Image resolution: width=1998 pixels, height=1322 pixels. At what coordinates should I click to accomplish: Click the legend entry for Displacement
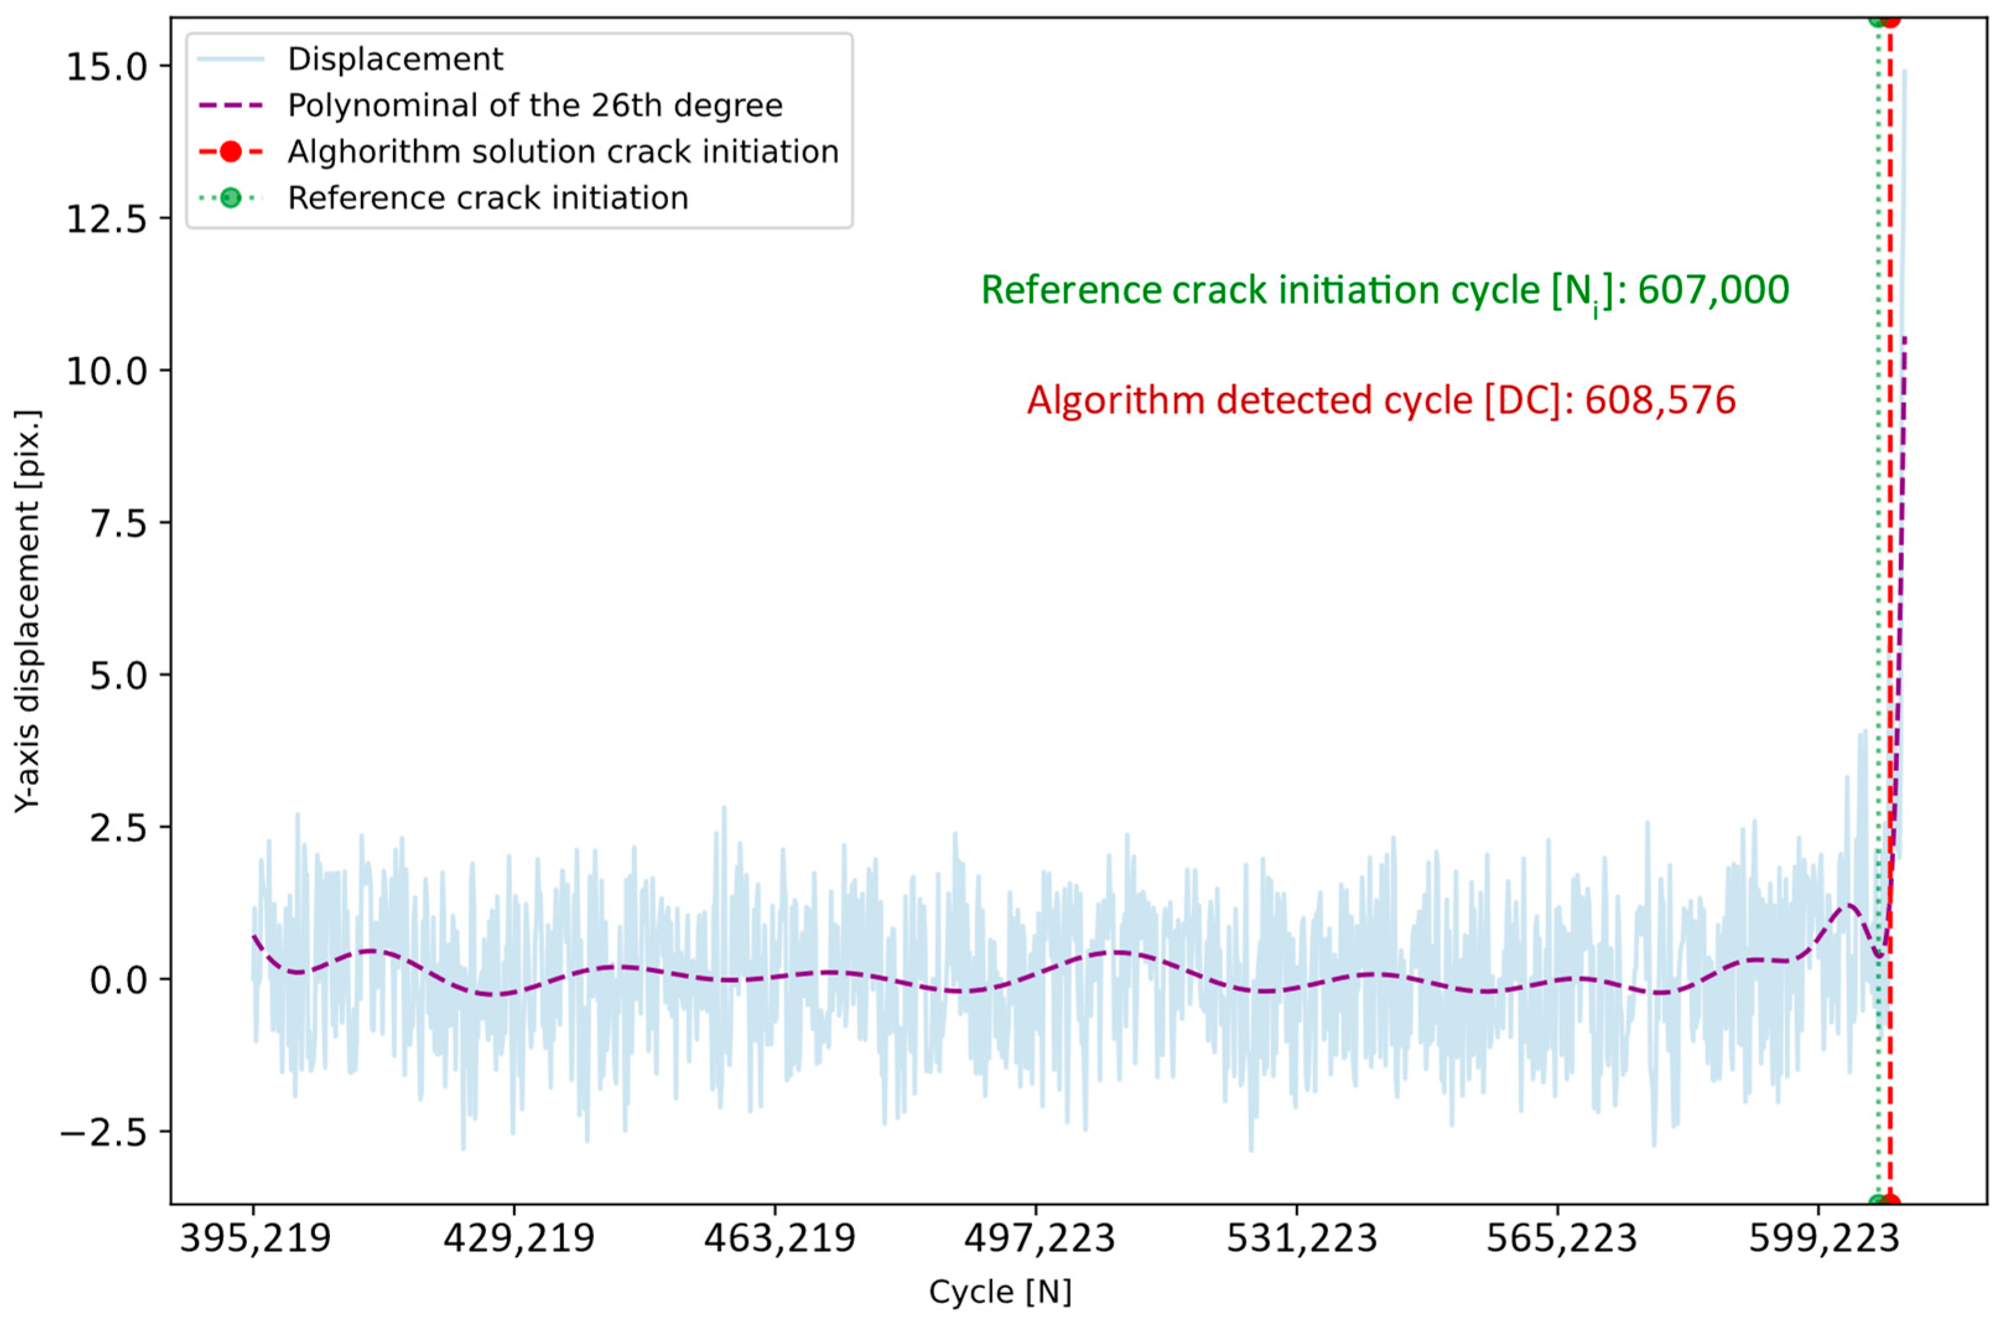pos(394,59)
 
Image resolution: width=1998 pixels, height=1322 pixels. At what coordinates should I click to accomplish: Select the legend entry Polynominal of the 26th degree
pos(535,105)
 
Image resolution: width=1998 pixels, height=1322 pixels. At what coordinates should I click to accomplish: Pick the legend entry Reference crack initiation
pos(487,198)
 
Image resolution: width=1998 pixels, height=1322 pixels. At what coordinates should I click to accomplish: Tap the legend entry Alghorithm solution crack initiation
pos(562,152)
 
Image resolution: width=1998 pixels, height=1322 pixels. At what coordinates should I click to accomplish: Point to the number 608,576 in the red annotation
pos(1660,400)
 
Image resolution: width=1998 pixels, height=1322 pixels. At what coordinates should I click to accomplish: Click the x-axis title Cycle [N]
pos(1000,1292)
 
